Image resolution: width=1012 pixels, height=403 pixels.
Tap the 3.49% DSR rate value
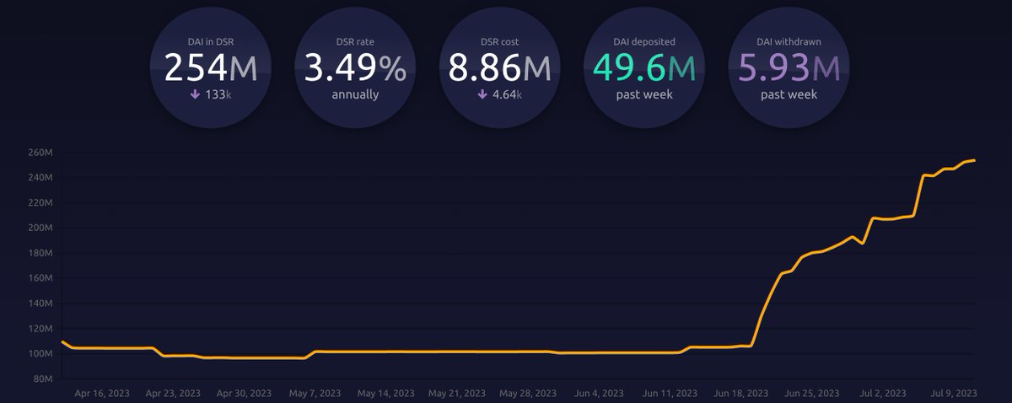pos(355,68)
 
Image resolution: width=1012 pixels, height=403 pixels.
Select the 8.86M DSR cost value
pos(500,68)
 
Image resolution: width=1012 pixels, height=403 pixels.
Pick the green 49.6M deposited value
pos(645,68)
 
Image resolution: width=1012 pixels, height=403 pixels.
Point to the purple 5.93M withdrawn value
pos(790,68)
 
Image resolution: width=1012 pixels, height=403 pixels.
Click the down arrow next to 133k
pos(194,94)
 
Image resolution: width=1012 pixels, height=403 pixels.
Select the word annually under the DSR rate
pos(355,94)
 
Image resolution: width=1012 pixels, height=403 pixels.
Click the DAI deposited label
pos(645,41)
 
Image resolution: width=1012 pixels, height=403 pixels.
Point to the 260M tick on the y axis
pos(40,153)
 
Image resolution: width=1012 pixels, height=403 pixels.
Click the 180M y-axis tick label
pos(40,253)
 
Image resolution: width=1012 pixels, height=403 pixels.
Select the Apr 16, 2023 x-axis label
pos(103,393)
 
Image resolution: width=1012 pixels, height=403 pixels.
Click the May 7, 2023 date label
pos(315,393)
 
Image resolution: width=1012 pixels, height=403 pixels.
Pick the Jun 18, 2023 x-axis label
pos(740,393)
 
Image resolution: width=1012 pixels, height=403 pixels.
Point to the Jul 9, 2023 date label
pos(952,393)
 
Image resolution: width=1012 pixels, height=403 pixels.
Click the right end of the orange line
pos(975,160)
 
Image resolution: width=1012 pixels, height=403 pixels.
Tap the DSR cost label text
pos(500,41)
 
